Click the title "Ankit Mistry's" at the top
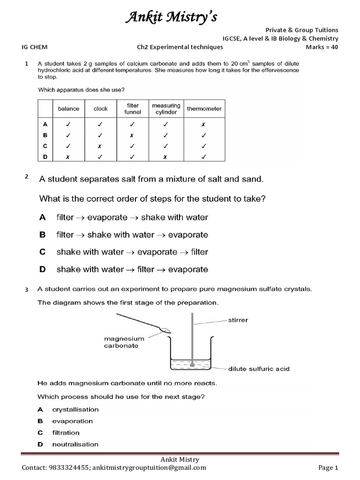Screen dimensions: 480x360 point(171,17)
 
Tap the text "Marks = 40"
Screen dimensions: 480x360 point(322,47)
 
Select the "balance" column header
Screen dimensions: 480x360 point(68,109)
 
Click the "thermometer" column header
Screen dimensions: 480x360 point(204,109)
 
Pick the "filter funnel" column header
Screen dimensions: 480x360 point(132,109)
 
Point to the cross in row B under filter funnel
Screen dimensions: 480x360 point(132,135)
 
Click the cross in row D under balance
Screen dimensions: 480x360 point(68,157)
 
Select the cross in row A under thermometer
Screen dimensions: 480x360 point(204,125)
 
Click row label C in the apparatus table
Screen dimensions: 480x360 point(45,146)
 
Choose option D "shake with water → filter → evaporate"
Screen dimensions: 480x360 point(132,270)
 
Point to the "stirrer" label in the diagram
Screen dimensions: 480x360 point(238,320)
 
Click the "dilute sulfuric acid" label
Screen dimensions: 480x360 point(259,368)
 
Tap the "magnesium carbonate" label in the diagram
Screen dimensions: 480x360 point(121,342)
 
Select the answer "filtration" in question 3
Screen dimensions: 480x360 point(66,433)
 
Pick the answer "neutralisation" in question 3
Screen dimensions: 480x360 point(75,444)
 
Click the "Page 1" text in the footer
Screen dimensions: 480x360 point(328,467)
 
